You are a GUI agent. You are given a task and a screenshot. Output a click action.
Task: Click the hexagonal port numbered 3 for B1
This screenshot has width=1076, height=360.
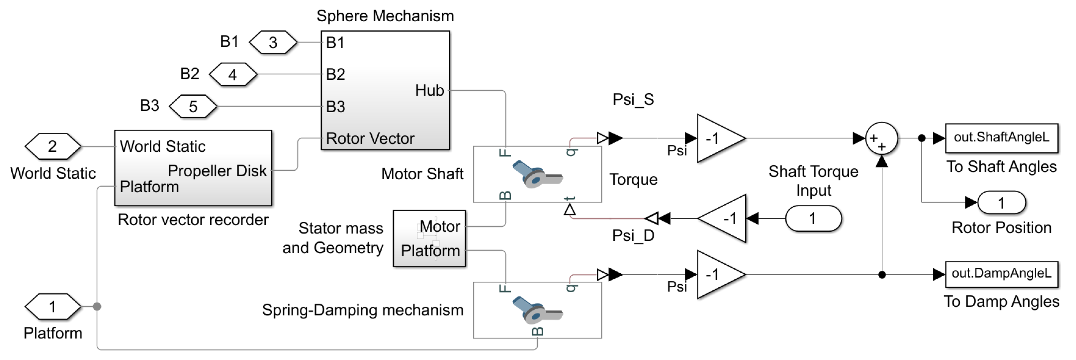273,42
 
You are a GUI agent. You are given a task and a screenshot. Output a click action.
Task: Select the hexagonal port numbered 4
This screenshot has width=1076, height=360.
233,74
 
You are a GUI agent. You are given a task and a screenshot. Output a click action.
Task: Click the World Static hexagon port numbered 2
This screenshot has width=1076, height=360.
52,146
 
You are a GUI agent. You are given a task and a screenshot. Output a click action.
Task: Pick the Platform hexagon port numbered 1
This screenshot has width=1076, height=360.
52,307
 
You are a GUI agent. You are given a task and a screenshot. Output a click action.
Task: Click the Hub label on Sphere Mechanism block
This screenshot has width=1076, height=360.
429,90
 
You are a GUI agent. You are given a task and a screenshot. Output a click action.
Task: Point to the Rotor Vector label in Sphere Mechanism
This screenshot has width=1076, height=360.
370,138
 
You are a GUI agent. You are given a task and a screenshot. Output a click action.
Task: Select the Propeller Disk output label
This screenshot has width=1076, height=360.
217,170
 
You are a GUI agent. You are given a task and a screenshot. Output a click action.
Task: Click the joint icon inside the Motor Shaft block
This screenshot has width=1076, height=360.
537,174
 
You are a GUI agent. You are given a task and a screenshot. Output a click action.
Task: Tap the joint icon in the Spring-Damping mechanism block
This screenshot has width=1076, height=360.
537,310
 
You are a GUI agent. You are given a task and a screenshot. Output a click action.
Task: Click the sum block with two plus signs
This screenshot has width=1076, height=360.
881,138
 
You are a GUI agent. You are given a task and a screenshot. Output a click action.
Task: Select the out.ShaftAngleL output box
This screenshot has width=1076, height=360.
1001,137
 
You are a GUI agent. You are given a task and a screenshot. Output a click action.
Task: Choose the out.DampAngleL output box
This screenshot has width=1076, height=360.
1001,274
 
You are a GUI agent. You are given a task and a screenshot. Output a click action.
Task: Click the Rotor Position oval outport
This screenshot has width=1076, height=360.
1001,203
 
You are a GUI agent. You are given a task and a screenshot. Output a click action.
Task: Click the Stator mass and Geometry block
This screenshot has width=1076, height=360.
429,238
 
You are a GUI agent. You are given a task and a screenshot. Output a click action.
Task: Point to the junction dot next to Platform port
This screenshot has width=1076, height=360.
97,307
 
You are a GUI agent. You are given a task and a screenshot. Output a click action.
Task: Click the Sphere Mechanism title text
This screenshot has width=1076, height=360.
385,16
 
